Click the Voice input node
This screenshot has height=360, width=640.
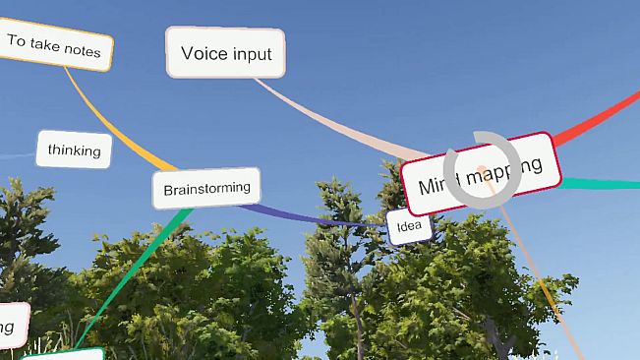coord(226,52)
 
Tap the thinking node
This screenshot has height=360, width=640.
coord(74,150)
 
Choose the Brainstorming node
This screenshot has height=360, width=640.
coord(206,188)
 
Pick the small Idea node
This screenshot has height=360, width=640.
coord(408,228)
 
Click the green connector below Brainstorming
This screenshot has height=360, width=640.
coord(138,262)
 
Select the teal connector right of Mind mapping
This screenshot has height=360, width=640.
coord(600,183)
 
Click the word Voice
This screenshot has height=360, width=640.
coord(204,53)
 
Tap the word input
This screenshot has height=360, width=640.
coord(252,53)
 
